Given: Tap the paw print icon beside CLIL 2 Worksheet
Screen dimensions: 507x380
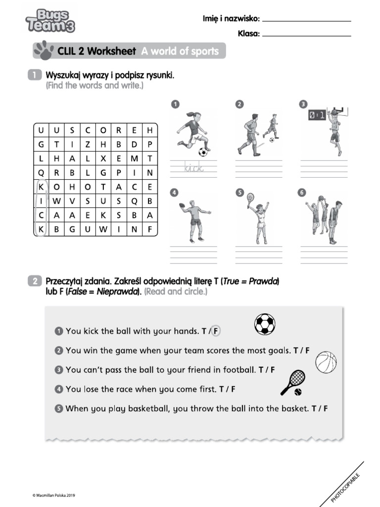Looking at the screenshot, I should point(44,51).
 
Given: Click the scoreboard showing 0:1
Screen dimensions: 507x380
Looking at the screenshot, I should point(317,115).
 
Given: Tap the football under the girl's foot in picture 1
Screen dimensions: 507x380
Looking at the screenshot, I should point(203,152).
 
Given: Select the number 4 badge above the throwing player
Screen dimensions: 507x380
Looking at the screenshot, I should point(175,193).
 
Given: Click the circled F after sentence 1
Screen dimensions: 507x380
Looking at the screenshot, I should point(216,331).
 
